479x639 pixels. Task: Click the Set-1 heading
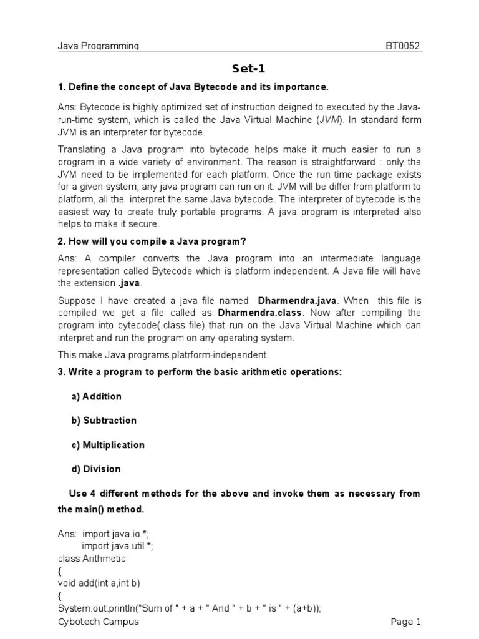239,68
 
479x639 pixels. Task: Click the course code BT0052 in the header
404,46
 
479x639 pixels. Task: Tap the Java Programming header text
99,46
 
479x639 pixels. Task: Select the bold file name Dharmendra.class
259,312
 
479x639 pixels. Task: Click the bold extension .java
128,283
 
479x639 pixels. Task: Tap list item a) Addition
96,396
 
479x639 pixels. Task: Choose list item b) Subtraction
104,420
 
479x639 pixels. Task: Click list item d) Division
95,469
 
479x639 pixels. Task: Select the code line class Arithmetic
92,558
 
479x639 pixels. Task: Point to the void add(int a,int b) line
99,583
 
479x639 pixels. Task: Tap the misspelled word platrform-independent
214,354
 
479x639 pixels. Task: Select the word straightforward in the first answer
355,162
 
